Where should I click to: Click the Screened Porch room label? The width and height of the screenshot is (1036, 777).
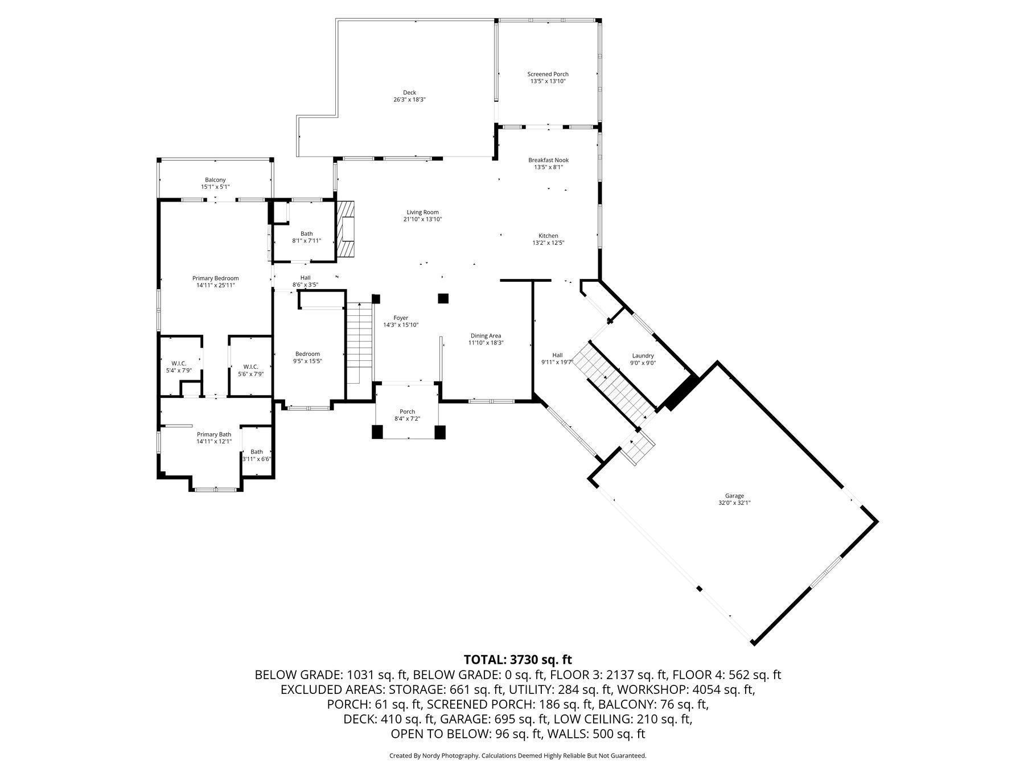pyautogui.click(x=548, y=74)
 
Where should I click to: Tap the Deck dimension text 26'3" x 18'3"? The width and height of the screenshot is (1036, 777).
pyautogui.click(x=409, y=100)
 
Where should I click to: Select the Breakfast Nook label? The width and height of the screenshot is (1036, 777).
pyautogui.click(x=548, y=160)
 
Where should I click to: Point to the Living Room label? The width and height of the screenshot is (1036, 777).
pyautogui.click(x=422, y=212)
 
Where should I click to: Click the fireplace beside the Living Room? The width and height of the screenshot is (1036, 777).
pyautogui.click(x=346, y=230)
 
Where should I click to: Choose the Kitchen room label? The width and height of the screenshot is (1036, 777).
pyautogui.click(x=548, y=236)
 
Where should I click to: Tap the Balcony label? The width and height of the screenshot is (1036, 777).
pyautogui.click(x=215, y=180)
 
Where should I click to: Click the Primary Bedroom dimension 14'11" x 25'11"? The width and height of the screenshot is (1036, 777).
pyautogui.click(x=215, y=285)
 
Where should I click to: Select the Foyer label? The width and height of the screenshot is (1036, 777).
pyautogui.click(x=401, y=318)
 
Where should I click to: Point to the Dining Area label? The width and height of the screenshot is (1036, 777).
pyautogui.click(x=486, y=336)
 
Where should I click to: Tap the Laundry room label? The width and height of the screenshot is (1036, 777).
pyautogui.click(x=643, y=356)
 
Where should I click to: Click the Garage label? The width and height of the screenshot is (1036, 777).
pyautogui.click(x=734, y=496)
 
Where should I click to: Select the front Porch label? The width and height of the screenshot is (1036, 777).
pyautogui.click(x=407, y=412)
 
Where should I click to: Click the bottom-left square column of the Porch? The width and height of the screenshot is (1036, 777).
pyautogui.click(x=377, y=432)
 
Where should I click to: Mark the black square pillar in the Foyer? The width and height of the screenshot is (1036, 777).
pyautogui.click(x=443, y=298)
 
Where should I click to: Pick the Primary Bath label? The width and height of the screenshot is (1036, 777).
pyautogui.click(x=214, y=434)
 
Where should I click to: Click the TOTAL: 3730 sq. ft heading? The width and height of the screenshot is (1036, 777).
pyautogui.click(x=517, y=660)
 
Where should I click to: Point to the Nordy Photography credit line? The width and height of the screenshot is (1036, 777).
pyautogui.click(x=517, y=756)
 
